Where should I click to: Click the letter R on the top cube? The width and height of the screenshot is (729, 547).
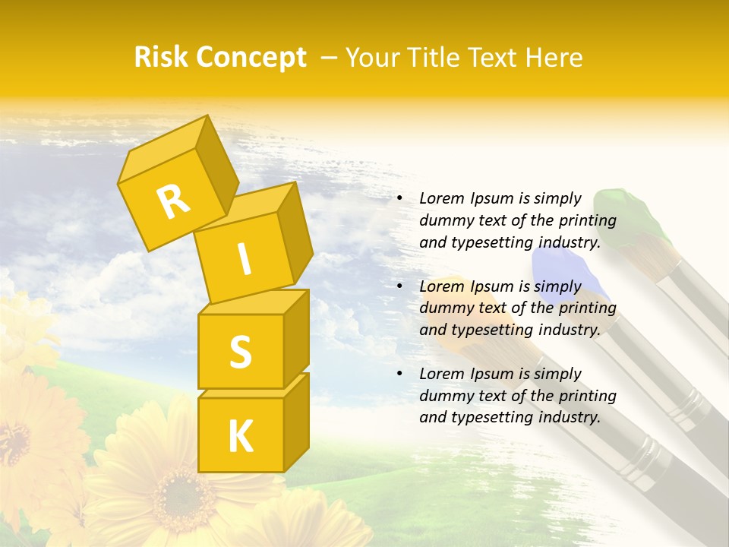(x=173, y=201)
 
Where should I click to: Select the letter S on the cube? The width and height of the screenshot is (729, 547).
(x=240, y=351)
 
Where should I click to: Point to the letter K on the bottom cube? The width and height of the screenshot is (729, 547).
(x=240, y=436)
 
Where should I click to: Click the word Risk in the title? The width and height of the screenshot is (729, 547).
(x=159, y=58)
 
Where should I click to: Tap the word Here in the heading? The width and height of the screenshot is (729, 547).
(x=554, y=58)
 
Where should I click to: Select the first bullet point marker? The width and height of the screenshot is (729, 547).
(x=399, y=199)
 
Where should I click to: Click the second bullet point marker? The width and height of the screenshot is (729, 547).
(x=399, y=286)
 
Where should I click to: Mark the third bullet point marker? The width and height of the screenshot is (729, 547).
(x=399, y=374)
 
